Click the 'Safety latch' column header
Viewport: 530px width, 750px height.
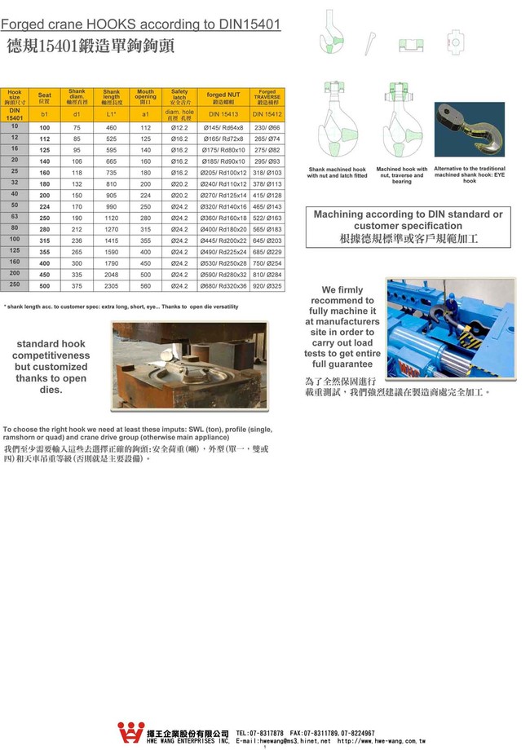click(x=179, y=96)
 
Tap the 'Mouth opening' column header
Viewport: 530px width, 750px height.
click(x=145, y=96)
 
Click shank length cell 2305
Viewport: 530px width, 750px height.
click(x=112, y=286)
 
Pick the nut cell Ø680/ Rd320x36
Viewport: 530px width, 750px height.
click(x=223, y=286)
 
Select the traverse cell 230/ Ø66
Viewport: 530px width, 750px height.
click(x=267, y=127)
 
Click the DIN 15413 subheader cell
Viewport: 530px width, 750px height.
click(x=223, y=115)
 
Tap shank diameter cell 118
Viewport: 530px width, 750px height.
click(x=77, y=173)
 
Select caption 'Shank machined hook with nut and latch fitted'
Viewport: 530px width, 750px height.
click(x=337, y=173)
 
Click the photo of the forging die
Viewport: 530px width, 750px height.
click(x=188, y=364)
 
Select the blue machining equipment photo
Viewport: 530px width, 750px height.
click(x=450, y=328)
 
